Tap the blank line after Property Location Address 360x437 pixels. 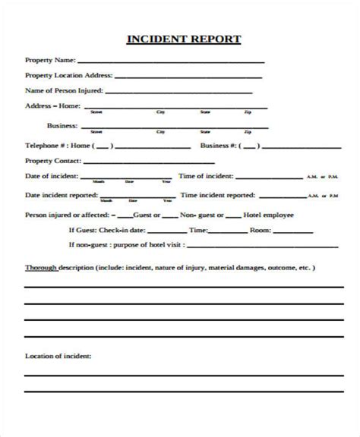[x=190, y=76]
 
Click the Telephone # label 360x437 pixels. [x=45, y=144]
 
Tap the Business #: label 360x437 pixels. [x=221, y=144]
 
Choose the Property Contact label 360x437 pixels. [x=52, y=160]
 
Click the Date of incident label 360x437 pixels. [x=51, y=176]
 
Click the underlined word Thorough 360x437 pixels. [x=40, y=268]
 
